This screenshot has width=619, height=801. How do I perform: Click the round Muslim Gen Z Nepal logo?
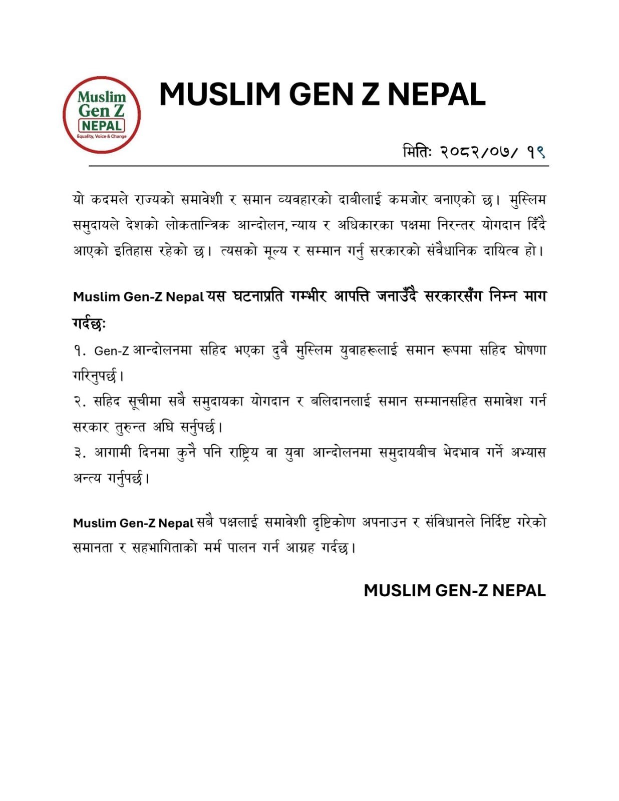click(102, 115)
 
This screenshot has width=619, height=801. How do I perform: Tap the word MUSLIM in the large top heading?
click(220, 94)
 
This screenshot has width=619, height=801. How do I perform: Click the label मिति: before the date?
click(417, 151)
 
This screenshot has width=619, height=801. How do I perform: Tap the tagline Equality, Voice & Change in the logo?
click(102, 136)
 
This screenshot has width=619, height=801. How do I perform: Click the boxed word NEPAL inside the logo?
click(102, 125)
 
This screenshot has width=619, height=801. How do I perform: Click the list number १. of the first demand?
click(80, 351)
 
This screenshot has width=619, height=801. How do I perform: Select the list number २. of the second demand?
click(80, 402)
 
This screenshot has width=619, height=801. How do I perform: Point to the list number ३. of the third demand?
click(80, 453)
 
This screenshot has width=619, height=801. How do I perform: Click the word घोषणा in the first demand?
click(529, 350)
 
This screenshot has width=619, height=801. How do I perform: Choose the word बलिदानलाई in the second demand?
click(341, 402)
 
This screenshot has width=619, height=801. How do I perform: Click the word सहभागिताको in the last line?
click(164, 548)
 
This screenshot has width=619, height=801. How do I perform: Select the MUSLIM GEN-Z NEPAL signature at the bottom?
click(454, 591)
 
